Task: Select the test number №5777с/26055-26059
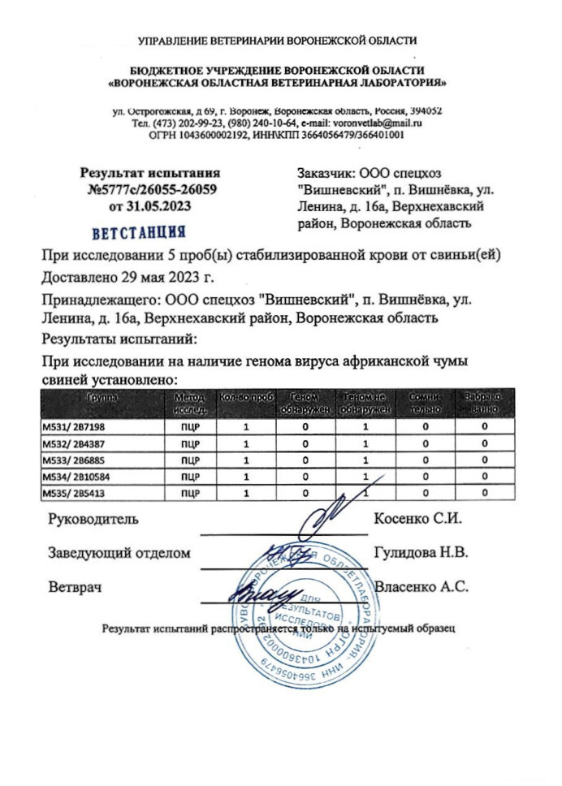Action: click(151, 190)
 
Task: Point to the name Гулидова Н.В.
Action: click(421, 553)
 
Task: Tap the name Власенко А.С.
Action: click(421, 585)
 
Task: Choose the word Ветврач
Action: click(75, 585)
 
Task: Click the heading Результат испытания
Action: click(150, 173)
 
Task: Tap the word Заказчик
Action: click(326, 172)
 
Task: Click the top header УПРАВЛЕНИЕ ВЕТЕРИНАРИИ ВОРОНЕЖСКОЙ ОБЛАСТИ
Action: click(279, 40)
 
